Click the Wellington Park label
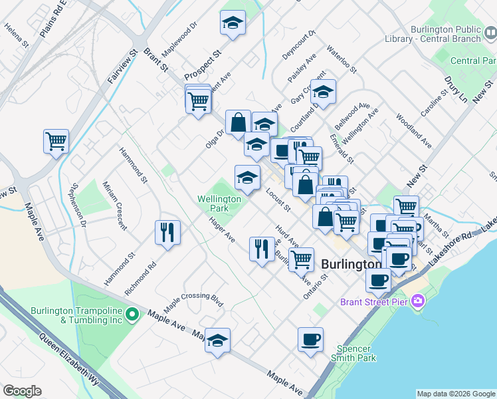[x=219, y=203]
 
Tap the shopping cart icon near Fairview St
[x=56, y=141]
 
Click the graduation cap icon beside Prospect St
[x=233, y=23]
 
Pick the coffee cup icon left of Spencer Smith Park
[x=310, y=340]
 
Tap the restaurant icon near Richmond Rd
[x=167, y=232]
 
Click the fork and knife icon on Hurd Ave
[x=262, y=249]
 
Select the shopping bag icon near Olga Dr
[x=238, y=122]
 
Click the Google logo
[x=22, y=391]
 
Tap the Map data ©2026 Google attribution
[x=456, y=394]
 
